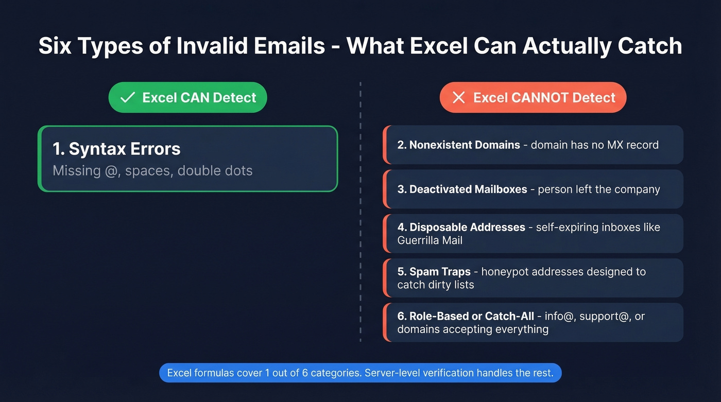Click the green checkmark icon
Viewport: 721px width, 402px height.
pyautogui.click(x=127, y=98)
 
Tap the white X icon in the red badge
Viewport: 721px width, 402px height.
pyautogui.click(x=458, y=98)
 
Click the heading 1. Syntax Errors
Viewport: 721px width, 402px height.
pyautogui.click(x=116, y=149)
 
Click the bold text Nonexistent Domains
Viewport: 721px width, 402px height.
pyautogui.click(x=464, y=145)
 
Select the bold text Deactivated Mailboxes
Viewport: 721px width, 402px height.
pyautogui.click(x=468, y=189)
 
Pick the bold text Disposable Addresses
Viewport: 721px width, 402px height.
pyautogui.click(x=467, y=227)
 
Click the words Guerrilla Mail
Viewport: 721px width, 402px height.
pyautogui.click(x=430, y=240)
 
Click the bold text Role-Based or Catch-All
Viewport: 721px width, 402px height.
pyautogui.click(x=471, y=316)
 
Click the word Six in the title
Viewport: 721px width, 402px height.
pyautogui.click(x=55, y=46)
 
